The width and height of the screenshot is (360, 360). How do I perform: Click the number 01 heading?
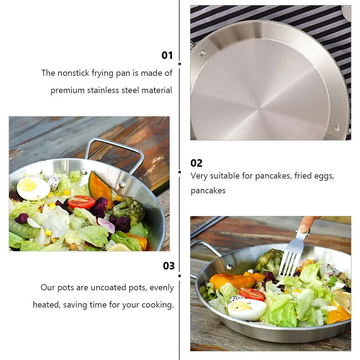tap(167, 55)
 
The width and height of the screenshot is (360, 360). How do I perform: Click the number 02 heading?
tap(197, 163)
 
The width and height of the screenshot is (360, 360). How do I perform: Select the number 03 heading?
tap(169, 266)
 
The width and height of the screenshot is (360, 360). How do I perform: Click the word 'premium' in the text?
tap(68, 90)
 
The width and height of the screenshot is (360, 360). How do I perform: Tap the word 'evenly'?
tap(162, 288)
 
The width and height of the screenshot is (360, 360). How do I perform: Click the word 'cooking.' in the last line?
tap(157, 305)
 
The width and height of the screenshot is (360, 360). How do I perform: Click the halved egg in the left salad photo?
tap(33, 189)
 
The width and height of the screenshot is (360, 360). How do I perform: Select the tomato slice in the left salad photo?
tap(81, 202)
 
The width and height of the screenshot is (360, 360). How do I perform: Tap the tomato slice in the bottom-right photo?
tap(251, 294)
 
